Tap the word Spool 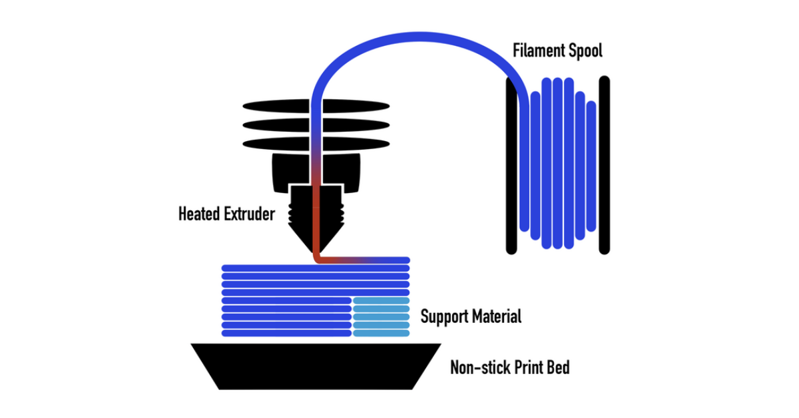click(x=583, y=51)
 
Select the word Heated click(x=200, y=214)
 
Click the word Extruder click(x=249, y=214)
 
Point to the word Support click(x=444, y=316)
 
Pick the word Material click(x=497, y=316)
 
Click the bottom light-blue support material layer click(x=382, y=332)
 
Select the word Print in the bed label click(x=527, y=367)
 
